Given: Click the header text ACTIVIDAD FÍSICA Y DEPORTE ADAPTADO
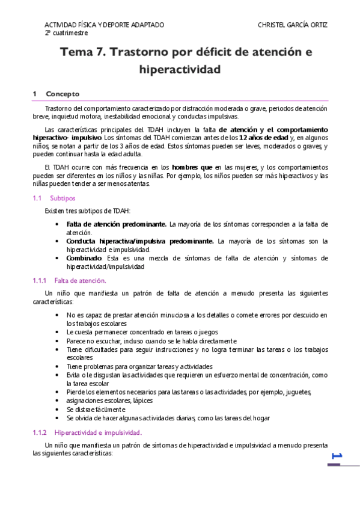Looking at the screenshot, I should pyautogui.click(x=104, y=25).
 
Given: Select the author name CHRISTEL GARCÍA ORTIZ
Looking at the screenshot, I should pyautogui.click(x=293, y=25).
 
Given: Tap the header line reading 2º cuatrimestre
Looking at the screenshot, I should pyautogui.click(x=66, y=33).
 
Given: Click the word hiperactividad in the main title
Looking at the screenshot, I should pyautogui.click(x=180, y=70).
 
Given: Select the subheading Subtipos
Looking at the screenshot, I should pyautogui.click(x=63, y=198).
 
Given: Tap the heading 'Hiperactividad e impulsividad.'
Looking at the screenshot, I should pyautogui.click(x=98, y=432).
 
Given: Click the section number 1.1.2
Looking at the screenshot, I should pyautogui.click(x=41, y=432).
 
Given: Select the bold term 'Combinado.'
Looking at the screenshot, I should pyautogui.click(x=84, y=258).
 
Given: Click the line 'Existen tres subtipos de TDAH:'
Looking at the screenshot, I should pyautogui.click(x=87, y=210).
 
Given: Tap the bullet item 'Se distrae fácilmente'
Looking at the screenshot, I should pyautogui.click(x=96, y=409).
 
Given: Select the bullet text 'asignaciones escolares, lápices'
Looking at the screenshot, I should pyautogui.click(x=109, y=401).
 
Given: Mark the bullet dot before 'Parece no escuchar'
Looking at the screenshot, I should pyautogui.click(x=56, y=340).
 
